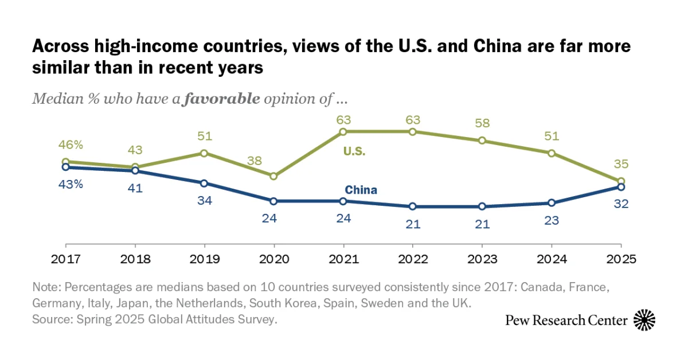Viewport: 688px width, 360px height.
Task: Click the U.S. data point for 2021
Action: [343, 132]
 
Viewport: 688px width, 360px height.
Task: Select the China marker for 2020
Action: [273, 201]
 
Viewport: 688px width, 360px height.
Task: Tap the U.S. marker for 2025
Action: [621, 181]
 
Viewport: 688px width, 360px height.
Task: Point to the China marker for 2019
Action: [204, 183]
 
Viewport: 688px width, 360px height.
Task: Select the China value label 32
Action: [621, 204]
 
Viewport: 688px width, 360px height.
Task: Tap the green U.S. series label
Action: [354, 152]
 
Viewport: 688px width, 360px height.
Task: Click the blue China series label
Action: [361, 190]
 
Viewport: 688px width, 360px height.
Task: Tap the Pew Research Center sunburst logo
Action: [645, 320]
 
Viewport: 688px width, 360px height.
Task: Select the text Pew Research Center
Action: [566, 320]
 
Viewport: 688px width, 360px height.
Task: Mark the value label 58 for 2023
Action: [482, 123]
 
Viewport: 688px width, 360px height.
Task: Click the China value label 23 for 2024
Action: [552, 220]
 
